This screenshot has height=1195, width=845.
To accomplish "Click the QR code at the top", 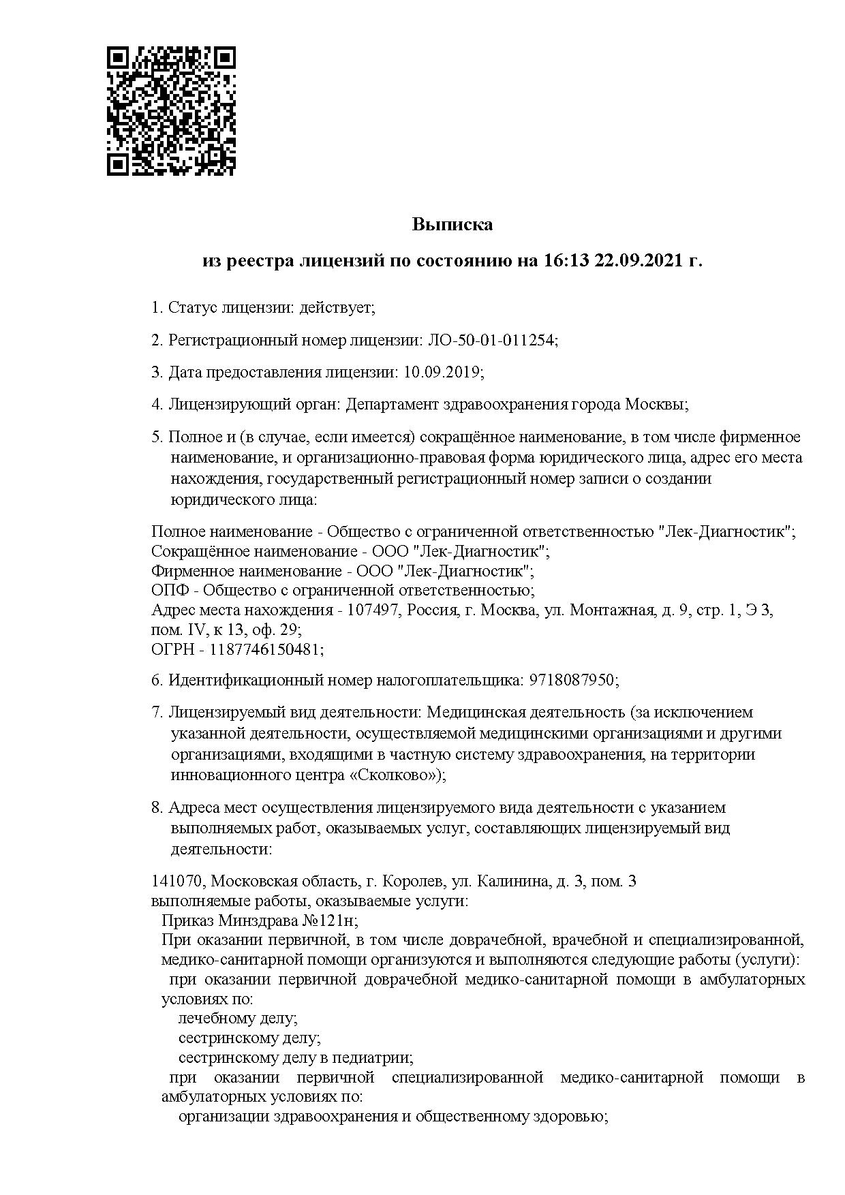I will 172,111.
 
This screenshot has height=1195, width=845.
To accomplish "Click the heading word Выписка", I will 452,224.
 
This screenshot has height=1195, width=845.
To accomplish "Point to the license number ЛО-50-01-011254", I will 491,340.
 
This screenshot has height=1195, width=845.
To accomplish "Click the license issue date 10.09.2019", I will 442,372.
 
